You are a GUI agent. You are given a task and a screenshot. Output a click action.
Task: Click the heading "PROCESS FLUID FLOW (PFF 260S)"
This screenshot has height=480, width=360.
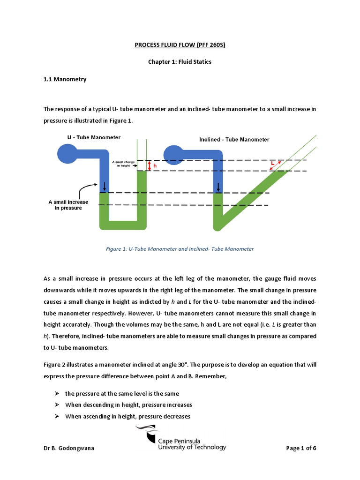click(180, 45)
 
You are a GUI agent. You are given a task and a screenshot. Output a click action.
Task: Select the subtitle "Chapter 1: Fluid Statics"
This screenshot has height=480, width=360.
click(180, 62)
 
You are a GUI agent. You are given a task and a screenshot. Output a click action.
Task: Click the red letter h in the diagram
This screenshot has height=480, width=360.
click(156, 165)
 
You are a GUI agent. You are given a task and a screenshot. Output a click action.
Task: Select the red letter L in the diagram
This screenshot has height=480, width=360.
click(272, 163)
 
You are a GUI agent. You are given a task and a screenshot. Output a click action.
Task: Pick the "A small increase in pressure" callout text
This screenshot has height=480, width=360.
click(65, 205)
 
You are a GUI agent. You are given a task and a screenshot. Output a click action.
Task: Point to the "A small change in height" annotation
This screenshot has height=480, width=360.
click(124, 164)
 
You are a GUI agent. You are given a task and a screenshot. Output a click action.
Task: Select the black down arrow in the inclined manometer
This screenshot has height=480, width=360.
click(218, 187)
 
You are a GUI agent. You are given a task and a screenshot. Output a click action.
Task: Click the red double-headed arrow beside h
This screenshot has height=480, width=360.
click(149, 165)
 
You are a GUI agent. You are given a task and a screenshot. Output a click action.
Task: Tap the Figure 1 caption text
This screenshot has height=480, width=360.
click(180, 249)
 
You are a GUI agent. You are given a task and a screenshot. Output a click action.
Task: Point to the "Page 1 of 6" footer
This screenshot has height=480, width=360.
click(301, 448)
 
